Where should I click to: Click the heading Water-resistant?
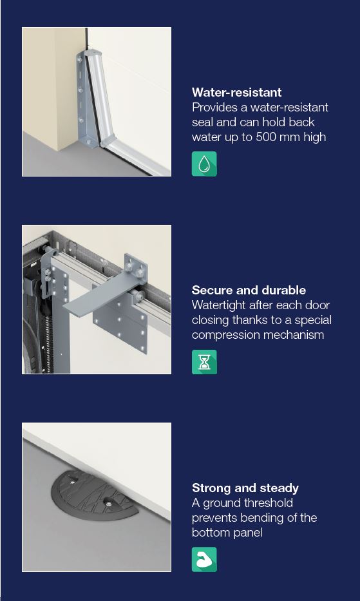click(236, 92)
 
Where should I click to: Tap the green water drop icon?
click(204, 164)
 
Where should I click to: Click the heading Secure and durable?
click(249, 290)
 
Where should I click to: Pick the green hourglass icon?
click(204, 362)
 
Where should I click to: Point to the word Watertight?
click(218, 305)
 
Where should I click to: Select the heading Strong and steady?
click(245, 488)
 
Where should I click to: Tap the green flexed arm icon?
click(204, 559)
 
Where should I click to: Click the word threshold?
click(271, 503)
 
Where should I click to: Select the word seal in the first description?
click(202, 122)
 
